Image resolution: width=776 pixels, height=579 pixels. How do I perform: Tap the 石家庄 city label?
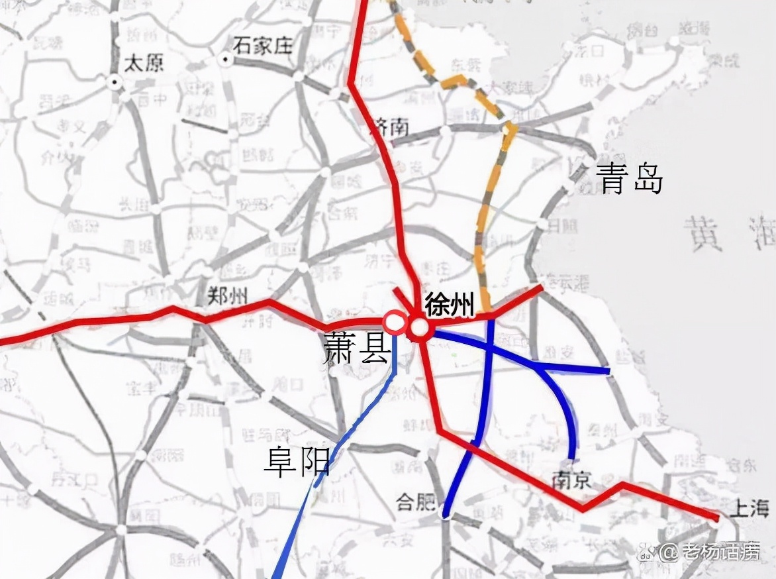pos(263,46)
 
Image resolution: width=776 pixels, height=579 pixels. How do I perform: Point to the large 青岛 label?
pos(629,179)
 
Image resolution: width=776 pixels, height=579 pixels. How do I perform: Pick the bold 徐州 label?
pos(450,305)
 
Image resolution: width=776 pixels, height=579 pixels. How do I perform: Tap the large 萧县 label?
pos(356,346)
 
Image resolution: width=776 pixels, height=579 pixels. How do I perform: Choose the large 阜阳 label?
pos(297,462)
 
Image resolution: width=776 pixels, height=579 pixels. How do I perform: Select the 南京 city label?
pos(571,478)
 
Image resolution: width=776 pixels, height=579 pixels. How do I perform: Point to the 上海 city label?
pos(748,508)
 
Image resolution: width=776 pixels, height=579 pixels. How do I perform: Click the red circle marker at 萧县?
pos(395,323)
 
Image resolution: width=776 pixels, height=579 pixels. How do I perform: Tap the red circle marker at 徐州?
pos(418,327)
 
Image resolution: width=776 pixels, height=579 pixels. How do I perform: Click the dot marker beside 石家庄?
pos(225,60)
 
